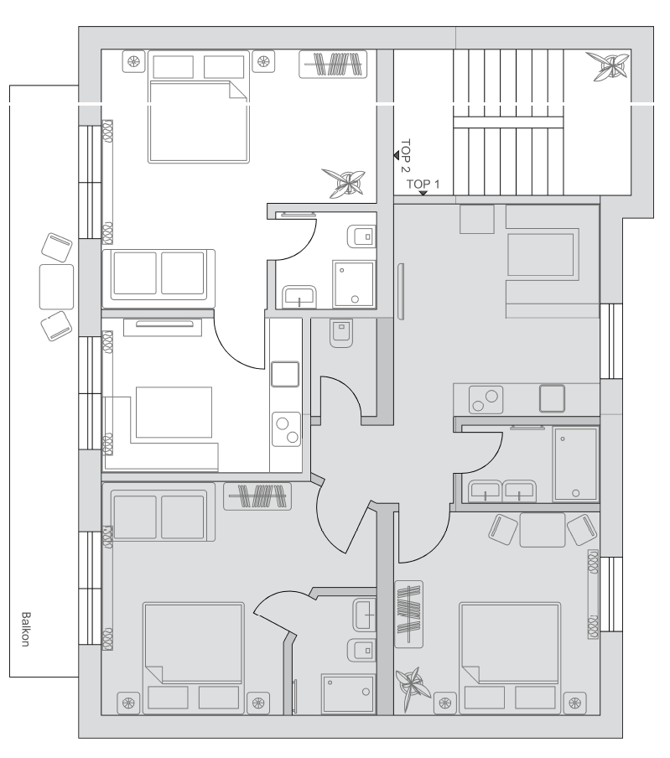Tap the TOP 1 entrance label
(423, 184)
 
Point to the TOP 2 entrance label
(405, 156)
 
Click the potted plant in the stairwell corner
(608, 66)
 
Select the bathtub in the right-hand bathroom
(576, 464)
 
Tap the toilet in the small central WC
(341, 333)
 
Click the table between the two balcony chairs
(56, 287)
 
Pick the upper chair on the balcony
(56, 247)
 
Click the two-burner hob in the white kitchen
(286, 428)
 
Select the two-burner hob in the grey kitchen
(486, 400)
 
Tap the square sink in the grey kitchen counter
(552, 398)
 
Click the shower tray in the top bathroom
(354, 283)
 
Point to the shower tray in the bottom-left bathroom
(348, 693)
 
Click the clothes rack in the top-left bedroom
(333, 64)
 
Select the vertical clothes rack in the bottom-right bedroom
(409, 614)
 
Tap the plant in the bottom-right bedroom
(413, 684)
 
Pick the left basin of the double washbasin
(485, 491)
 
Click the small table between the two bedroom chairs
(543, 530)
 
